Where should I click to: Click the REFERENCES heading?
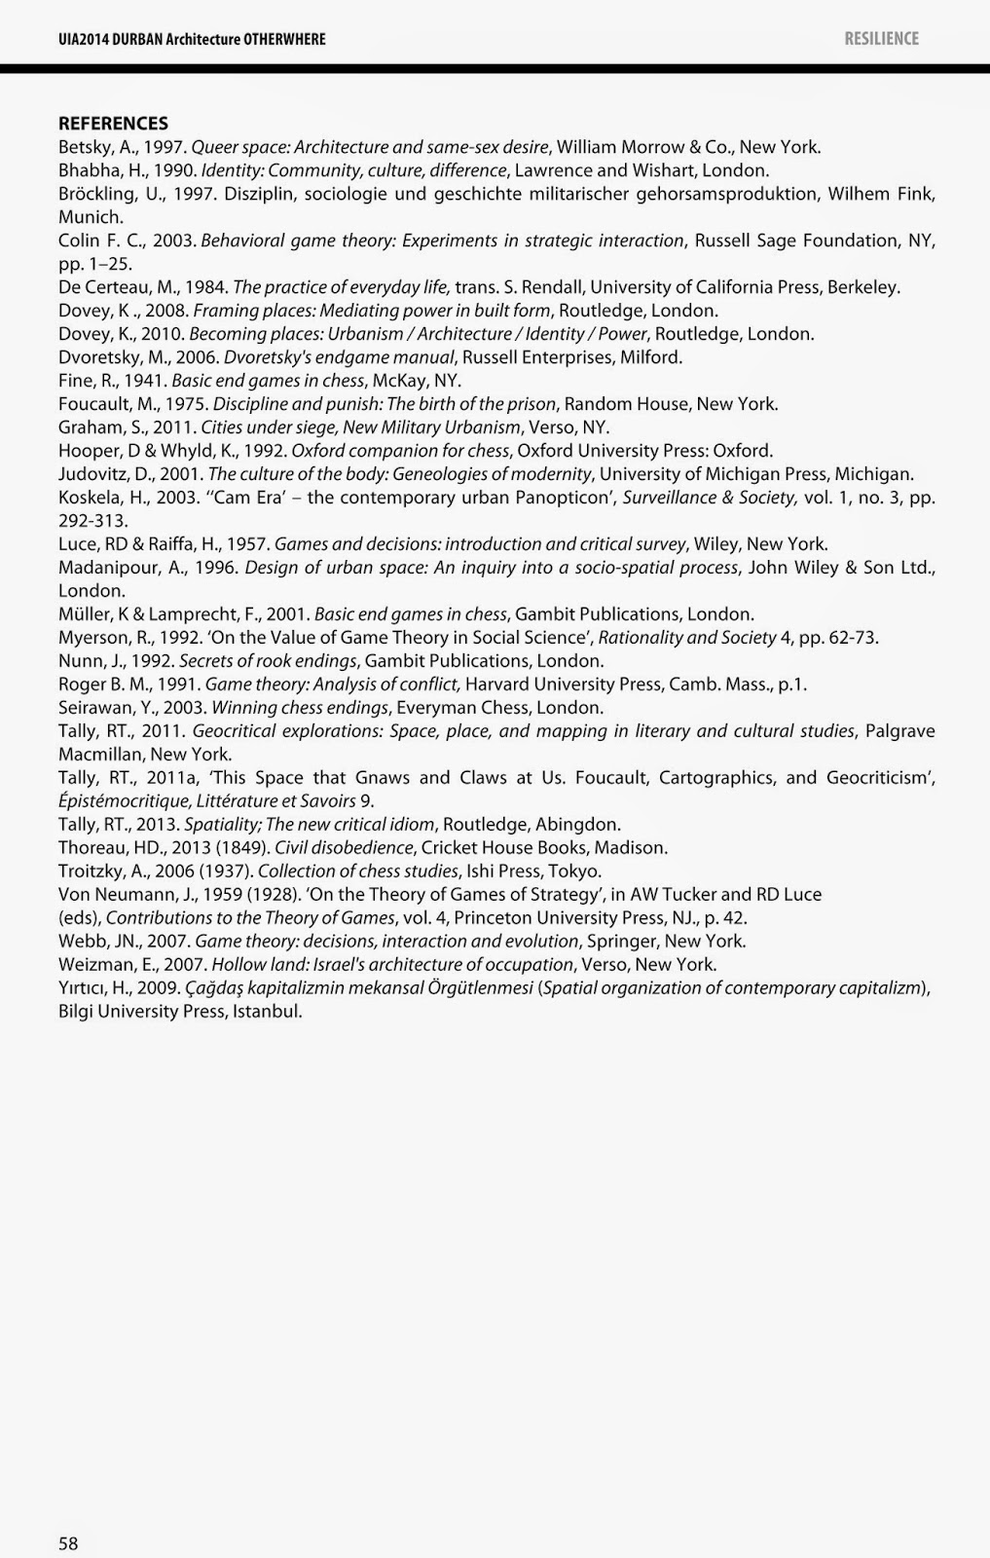(x=113, y=124)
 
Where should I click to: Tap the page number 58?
(x=68, y=1543)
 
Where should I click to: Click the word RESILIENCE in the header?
(x=881, y=39)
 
